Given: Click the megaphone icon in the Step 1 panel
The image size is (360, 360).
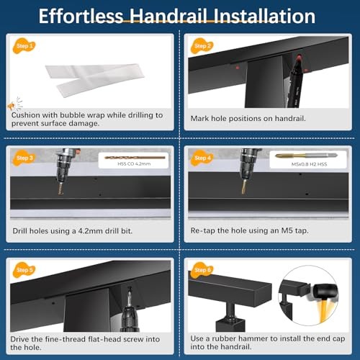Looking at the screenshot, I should (9, 105).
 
